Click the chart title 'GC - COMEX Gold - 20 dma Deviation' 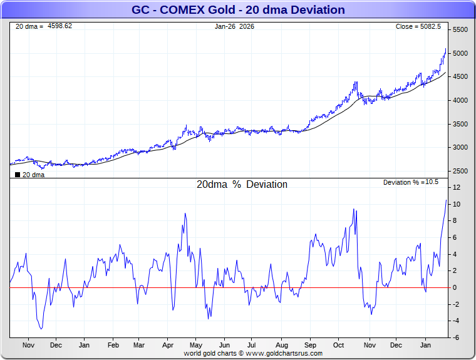[238, 9]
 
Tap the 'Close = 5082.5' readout [418, 26]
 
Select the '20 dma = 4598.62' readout [44, 26]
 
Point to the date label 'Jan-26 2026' [234, 26]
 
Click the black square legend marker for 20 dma [17, 175]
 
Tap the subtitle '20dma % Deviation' [242, 185]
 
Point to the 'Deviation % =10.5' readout [411, 182]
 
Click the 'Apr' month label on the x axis [168, 344]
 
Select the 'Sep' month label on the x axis [310, 344]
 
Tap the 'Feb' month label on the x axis [113, 344]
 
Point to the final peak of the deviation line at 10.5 [446, 200]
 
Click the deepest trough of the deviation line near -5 [41, 329]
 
